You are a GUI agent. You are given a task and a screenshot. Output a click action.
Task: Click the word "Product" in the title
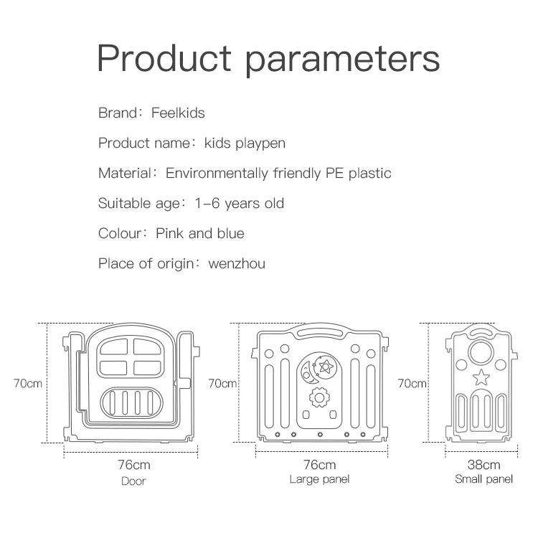[x=164, y=59]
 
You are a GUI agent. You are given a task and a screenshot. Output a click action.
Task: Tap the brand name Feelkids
[x=178, y=113]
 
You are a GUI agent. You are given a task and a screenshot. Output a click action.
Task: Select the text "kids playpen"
[x=245, y=143]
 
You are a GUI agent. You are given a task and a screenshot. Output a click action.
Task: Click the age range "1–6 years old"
[x=240, y=203]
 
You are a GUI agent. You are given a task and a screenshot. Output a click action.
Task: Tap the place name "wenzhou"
[x=237, y=263]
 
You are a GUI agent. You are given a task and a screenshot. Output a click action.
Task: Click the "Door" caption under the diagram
[x=133, y=481]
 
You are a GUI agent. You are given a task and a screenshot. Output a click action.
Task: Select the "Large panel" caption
[x=319, y=479]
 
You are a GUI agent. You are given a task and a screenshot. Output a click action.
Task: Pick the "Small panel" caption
[x=484, y=479]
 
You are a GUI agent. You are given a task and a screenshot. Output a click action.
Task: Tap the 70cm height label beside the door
[x=27, y=383]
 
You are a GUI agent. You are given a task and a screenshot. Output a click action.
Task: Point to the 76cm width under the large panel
[x=319, y=465]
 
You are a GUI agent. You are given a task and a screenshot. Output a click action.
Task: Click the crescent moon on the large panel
[x=309, y=369]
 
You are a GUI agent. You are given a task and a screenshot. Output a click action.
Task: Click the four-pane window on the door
[x=133, y=357]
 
